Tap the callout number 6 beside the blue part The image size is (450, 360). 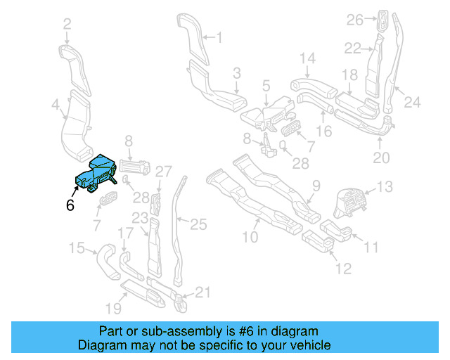click(x=70, y=205)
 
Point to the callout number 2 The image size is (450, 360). click(x=67, y=25)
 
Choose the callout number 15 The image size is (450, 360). click(x=76, y=247)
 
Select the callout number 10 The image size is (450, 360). click(x=250, y=238)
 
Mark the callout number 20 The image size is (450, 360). click(x=380, y=158)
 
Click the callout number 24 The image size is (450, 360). click(x=412, y=103)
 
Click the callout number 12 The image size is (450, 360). click(x=342, y=268)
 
